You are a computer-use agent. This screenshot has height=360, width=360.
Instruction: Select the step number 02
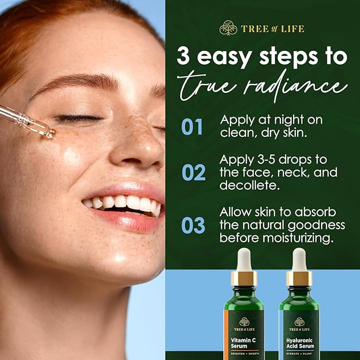pyautogui.click(x=194, y=172)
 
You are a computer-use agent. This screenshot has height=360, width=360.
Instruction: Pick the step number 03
pyautogui.click(x=194, y=225)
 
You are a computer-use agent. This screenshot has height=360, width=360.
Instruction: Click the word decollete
pyautogui.click(x=247, y=186)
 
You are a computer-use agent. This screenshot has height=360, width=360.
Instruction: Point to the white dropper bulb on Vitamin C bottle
pyautogui.click(x=244, y=259)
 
